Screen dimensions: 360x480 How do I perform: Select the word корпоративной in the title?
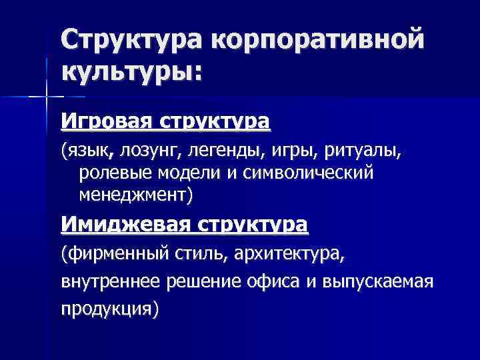tap(318, 39)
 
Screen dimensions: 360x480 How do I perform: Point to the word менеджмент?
tap(133, 195)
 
